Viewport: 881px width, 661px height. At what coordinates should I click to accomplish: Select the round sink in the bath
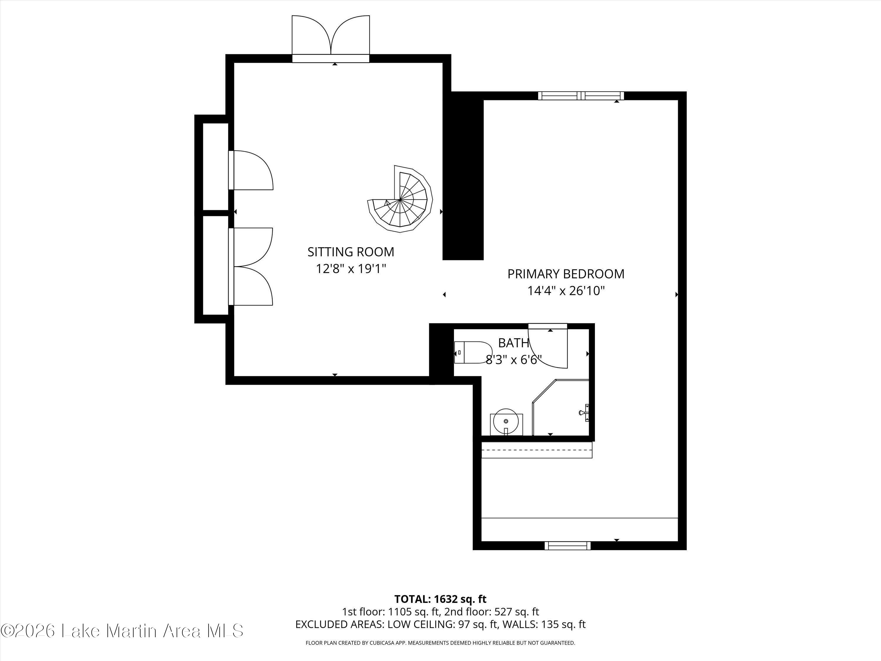click(x=506, y=421)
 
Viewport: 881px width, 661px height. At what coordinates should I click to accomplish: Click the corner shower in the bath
click(x=561, y=407)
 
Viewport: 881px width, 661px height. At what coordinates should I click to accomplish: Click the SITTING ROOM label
click(x=350, y=252)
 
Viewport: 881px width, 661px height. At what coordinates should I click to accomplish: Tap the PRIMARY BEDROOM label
click(x=566, y=274)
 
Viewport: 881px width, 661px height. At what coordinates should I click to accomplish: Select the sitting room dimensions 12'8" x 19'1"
click(x=351, y=269)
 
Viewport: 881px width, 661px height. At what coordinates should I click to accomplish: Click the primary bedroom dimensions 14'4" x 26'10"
click(x=566, y=291)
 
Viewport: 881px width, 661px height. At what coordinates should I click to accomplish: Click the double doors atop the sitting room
click(x=331, y=39)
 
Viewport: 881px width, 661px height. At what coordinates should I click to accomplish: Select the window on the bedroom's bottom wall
click(x=568, y=546)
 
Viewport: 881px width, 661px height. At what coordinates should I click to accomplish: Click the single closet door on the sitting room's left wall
click(x=250, y=170)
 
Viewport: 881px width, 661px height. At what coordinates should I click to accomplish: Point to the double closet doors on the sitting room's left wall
click(x=250, y=266)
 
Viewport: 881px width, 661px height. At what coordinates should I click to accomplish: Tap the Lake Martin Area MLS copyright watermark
click(x=122, y=631)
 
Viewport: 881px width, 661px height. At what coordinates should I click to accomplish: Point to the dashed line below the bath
click(x=537, y=450)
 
